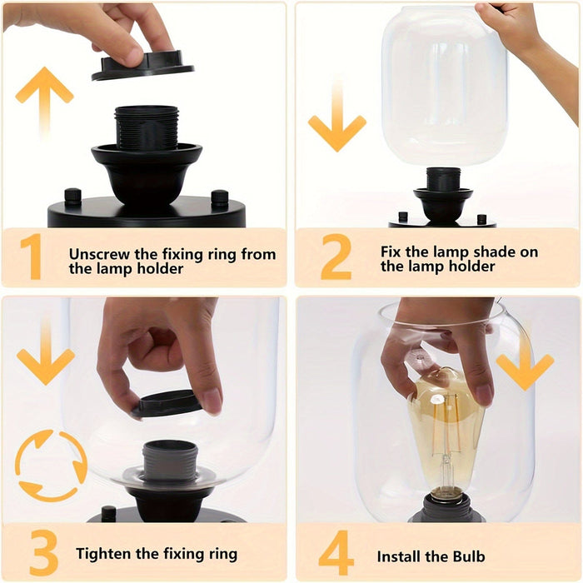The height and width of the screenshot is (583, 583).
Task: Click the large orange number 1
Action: tap(32, 257)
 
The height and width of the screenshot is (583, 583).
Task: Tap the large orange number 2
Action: tap(336, 257)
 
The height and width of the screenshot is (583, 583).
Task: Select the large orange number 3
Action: tap(43, 553)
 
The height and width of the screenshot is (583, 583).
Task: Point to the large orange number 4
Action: tap(336, 553)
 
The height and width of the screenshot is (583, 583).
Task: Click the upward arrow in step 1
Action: tap(45, 100)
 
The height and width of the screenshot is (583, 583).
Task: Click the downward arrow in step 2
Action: tap(337, 116)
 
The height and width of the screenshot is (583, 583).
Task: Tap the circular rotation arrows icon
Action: tap(51, 466)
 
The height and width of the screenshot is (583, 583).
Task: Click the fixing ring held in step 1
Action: tap(142, 66)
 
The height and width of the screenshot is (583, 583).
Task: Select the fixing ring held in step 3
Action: tap(167, 404)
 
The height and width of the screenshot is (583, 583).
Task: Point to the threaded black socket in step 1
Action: tap(147, 127)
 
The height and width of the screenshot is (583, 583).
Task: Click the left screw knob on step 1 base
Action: tap(73, 196)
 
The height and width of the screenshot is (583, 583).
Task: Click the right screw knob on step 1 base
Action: tap(220, 198)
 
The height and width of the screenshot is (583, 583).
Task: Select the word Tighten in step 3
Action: tap(104, 554)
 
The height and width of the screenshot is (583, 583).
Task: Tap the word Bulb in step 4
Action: tap(469, 556)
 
